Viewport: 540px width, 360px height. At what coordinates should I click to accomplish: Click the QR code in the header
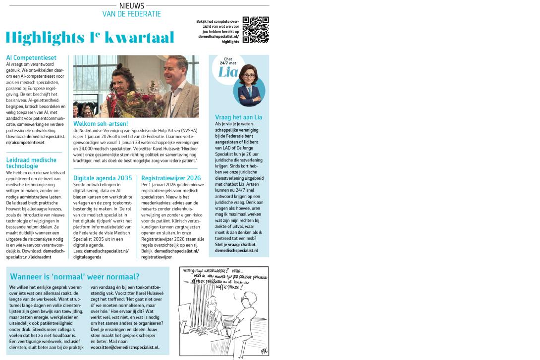coord(256,30)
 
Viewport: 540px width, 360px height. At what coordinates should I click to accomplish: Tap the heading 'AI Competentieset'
coord(31,57)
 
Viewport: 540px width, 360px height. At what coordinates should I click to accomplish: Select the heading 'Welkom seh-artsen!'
coord(101,123)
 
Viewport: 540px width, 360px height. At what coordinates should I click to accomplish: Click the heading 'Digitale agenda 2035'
coord(103,178)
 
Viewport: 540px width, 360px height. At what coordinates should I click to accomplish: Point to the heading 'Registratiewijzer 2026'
coord(171,178)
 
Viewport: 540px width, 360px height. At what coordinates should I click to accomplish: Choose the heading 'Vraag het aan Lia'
coord(238,117)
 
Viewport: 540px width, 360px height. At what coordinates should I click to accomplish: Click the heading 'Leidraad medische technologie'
coord(31,163)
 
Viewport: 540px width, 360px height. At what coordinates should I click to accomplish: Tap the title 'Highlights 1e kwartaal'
coord(90,38)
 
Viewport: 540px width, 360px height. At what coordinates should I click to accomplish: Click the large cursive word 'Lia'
coord(228,72)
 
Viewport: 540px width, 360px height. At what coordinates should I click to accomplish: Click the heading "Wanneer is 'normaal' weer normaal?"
coord(75,277)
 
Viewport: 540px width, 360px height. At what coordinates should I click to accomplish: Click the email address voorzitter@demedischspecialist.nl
coord(125,348)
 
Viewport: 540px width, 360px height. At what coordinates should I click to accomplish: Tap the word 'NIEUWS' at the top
coord(132,6)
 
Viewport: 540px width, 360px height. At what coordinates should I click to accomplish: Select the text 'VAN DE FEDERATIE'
coord(132,14)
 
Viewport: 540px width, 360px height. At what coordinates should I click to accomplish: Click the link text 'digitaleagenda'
coord(87,257)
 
